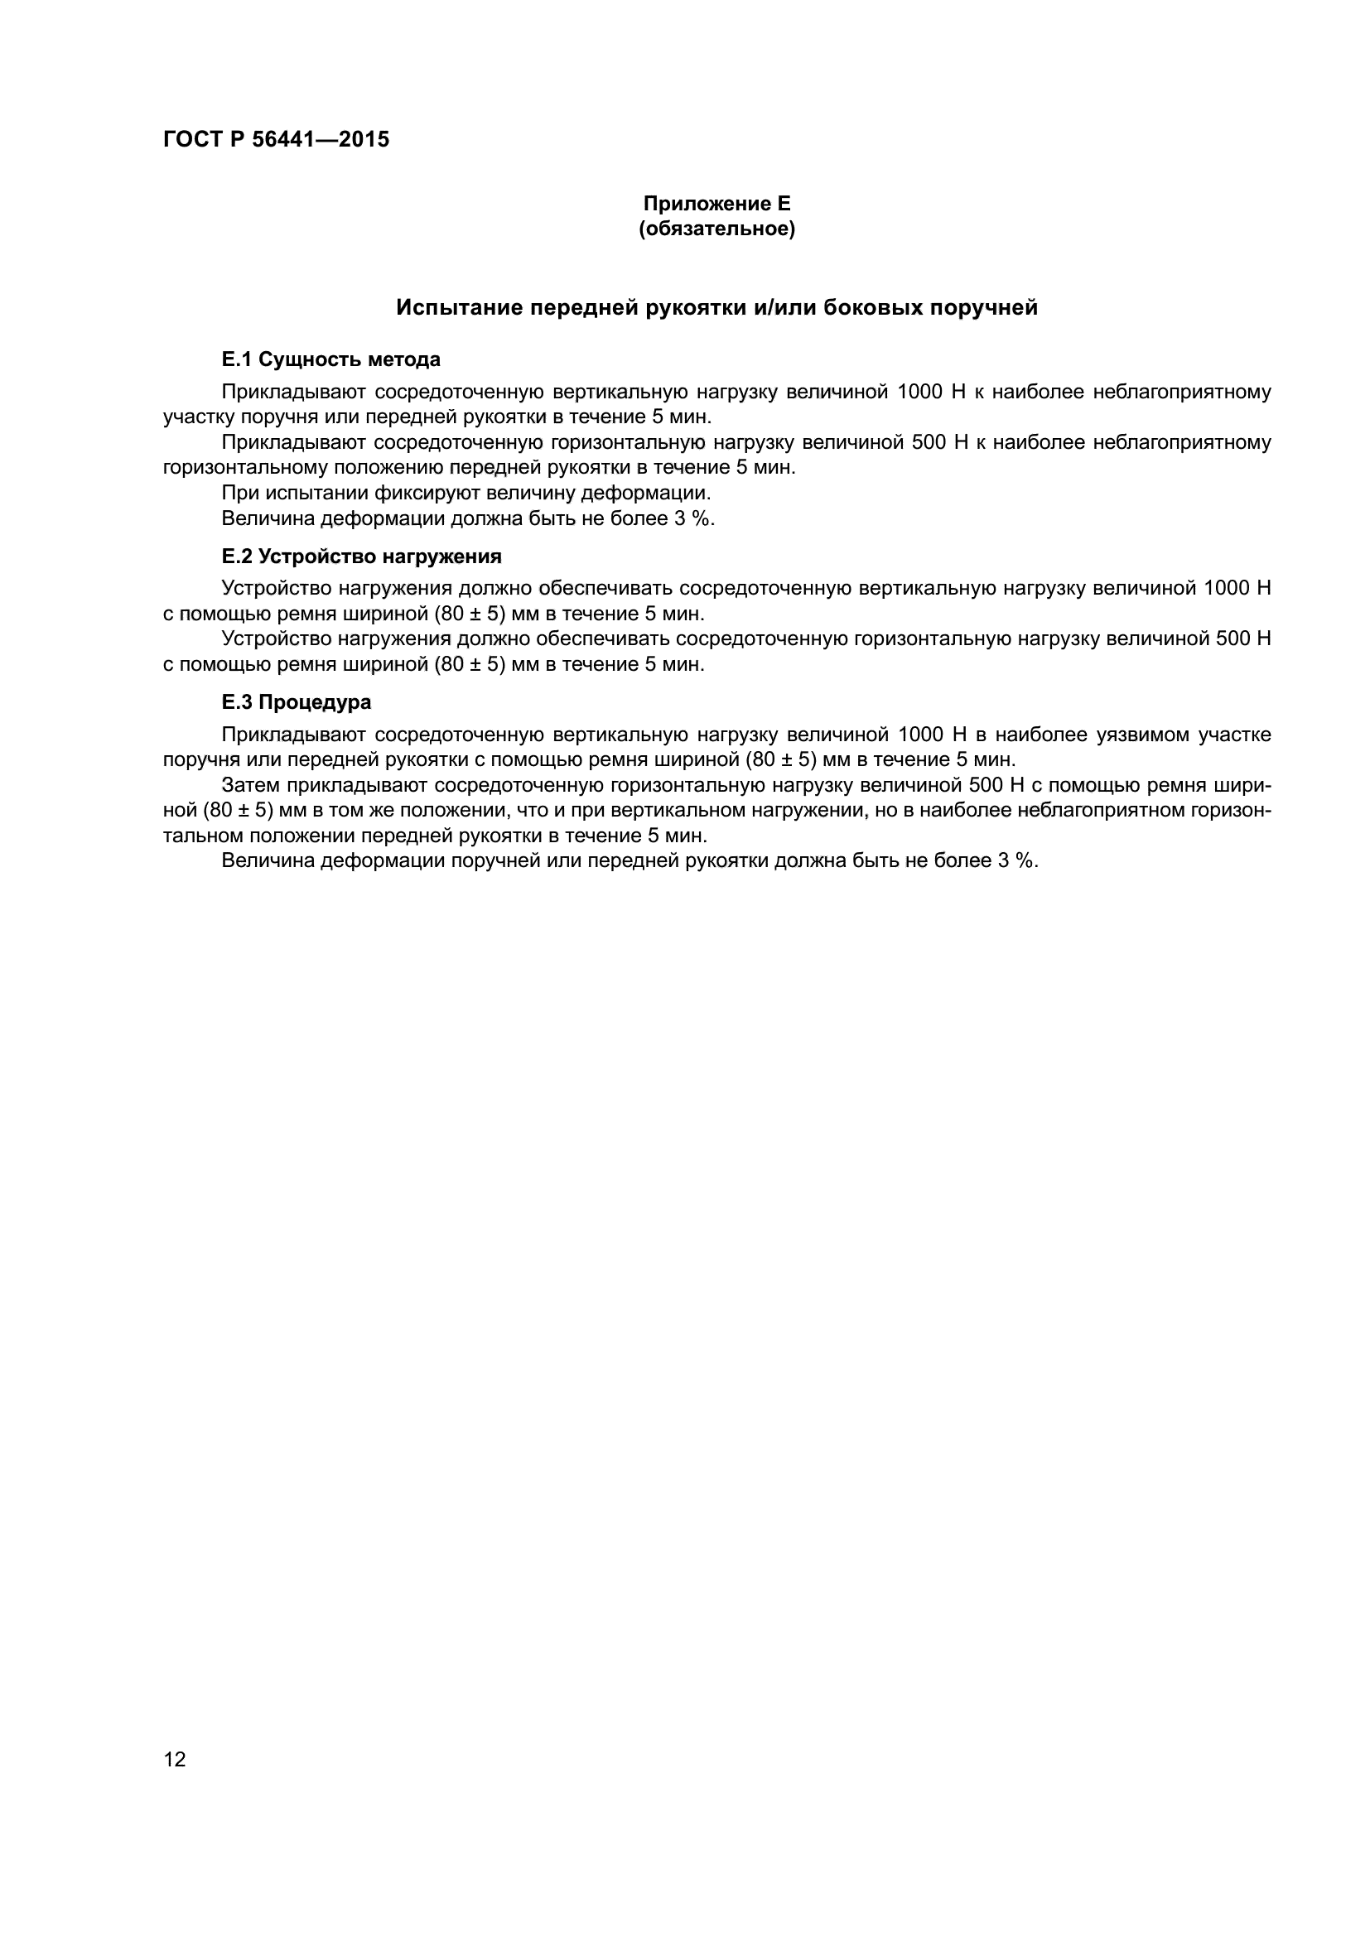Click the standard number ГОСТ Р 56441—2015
pyautogui.click(x=276, y=139)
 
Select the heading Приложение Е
pyautogui.click(x=716, y=204)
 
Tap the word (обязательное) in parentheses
pyautogui.click(x=716, y=229)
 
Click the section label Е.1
pyautogui.click(x=236, y=359)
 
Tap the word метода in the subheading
pyautogui.click(x=405, y=359)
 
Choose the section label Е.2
pyautogui.click(x=236, y=556)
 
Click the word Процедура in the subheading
pyautogui.click(x=315, y=702)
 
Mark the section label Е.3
pyautogui.click(x=236, y=702)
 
